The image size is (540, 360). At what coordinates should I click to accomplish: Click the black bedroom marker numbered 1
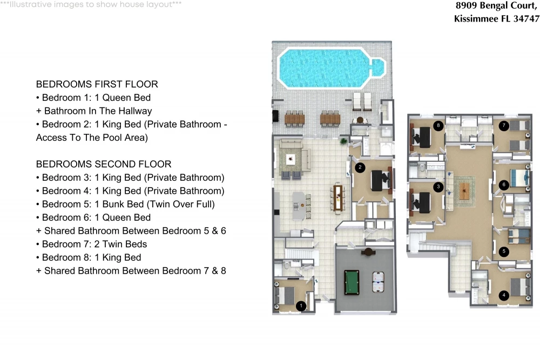click(301, 305)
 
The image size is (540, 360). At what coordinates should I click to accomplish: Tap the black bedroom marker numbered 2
click(360, 168)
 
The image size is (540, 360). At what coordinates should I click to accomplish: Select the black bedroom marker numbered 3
click(438, 187)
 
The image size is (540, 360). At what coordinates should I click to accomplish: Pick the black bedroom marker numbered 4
click(504, 295)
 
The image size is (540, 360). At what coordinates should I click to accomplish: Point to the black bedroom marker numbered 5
click(504, 251)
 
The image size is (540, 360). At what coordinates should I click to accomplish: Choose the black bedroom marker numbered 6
click(504, 185)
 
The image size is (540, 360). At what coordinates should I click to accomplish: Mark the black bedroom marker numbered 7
click(504, 126)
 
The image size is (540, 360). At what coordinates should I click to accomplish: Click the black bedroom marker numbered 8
click(438, 126)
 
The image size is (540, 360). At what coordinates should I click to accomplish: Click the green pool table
click(352, 282)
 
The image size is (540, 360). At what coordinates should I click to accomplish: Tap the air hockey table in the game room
click(378, 282)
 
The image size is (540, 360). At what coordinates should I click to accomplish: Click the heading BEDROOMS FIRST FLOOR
click(97, 84)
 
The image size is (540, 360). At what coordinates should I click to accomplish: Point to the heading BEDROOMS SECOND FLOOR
click(104, 164)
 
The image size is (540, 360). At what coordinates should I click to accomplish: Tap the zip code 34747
click(526, 18)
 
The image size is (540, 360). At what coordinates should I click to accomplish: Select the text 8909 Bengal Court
click(496, 6)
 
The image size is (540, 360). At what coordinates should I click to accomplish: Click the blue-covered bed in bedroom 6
click(519, 178)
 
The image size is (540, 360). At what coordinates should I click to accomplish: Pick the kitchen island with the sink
click(299, 206)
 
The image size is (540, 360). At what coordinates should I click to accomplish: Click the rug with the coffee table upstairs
click(464, 191)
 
